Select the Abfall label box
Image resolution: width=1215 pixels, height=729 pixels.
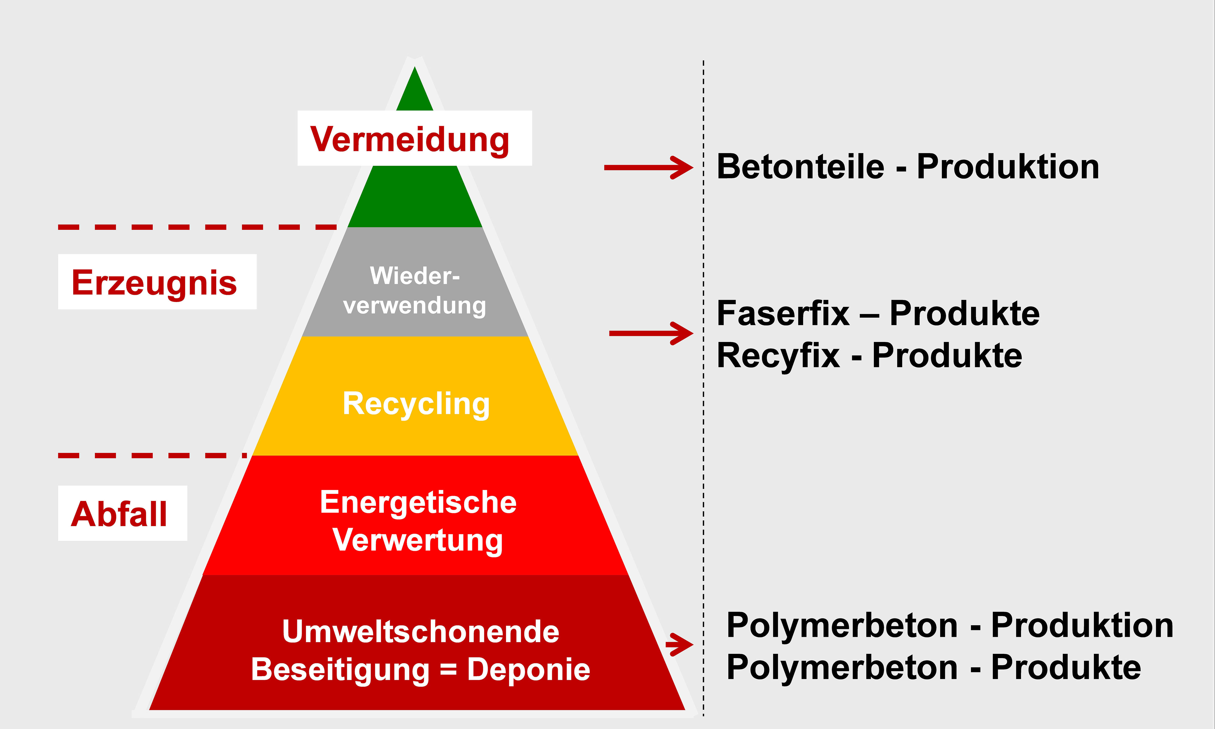[x=122, y=513]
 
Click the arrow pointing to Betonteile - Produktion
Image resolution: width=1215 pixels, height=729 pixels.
[x=648, y=168]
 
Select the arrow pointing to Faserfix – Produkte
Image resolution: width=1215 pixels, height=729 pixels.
[x=650, y=333]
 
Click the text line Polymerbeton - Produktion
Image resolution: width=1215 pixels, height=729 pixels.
[x=949, y=625]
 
